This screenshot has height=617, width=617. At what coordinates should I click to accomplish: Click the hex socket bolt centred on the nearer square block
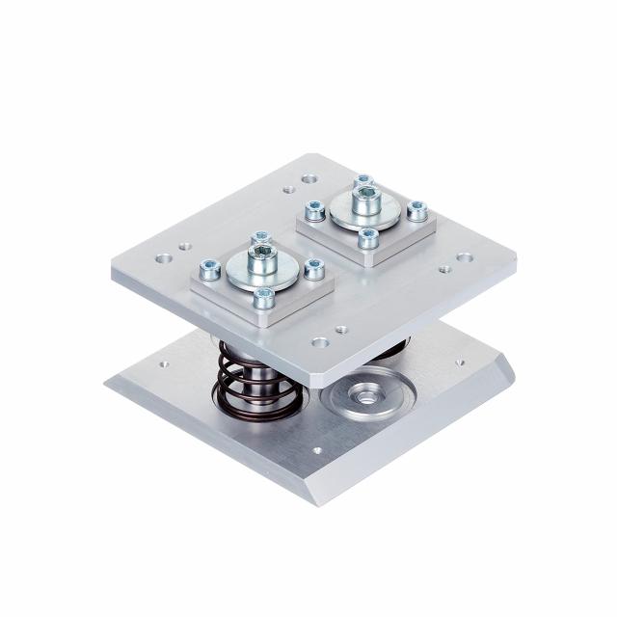(261, 255)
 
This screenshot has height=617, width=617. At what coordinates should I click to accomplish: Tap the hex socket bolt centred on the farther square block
(365, 196)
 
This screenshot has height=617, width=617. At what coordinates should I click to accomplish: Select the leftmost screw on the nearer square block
(209, 269)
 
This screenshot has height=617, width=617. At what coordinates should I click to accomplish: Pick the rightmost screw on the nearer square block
(313, 269)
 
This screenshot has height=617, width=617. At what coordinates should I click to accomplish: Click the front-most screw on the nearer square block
(263, 298)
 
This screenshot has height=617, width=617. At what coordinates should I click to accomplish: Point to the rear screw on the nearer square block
(260, 238)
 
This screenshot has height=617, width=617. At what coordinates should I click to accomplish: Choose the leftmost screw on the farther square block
(314, 209)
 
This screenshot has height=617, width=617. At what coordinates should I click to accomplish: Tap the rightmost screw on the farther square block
(417, 209)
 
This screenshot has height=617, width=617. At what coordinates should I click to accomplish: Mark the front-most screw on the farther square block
(368, 236)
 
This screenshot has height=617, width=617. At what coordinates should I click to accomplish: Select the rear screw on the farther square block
(363, 181)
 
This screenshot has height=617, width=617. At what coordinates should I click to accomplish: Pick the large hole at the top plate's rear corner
(308, 178)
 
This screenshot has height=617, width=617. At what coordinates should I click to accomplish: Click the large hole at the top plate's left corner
(164, 258)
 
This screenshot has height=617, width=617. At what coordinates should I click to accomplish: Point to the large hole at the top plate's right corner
(464, 257)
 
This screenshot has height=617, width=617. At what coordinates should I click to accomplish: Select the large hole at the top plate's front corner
(320, 341)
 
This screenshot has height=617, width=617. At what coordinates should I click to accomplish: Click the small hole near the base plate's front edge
(317, 449)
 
